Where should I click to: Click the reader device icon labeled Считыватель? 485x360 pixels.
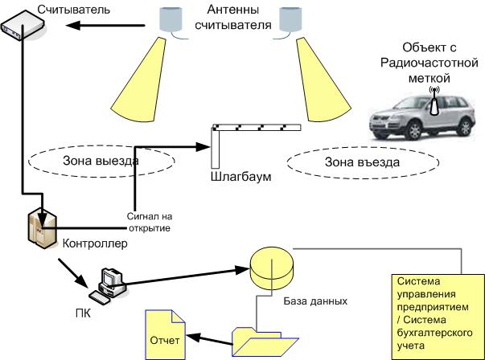[23, 26]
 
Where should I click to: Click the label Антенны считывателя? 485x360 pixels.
[233, 18]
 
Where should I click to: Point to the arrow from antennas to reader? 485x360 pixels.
[105, 26]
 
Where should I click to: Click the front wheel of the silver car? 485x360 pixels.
[414, 130]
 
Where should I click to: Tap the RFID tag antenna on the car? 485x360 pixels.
[434, 100]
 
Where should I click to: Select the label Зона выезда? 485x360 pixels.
[101, 161]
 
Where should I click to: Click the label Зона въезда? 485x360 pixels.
[362, 162]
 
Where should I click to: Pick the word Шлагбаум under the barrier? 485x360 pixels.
[241, 177]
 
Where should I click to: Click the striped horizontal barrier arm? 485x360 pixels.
[257, 127]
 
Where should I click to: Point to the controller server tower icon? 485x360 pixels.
[43, 228]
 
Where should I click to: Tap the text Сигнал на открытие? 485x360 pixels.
[150, 223]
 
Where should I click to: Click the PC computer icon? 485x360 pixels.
[108, 286]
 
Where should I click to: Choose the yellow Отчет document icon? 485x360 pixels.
[165, 334]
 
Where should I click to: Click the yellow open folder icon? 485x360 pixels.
[265, 342]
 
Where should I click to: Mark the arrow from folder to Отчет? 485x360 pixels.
[209, 340]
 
